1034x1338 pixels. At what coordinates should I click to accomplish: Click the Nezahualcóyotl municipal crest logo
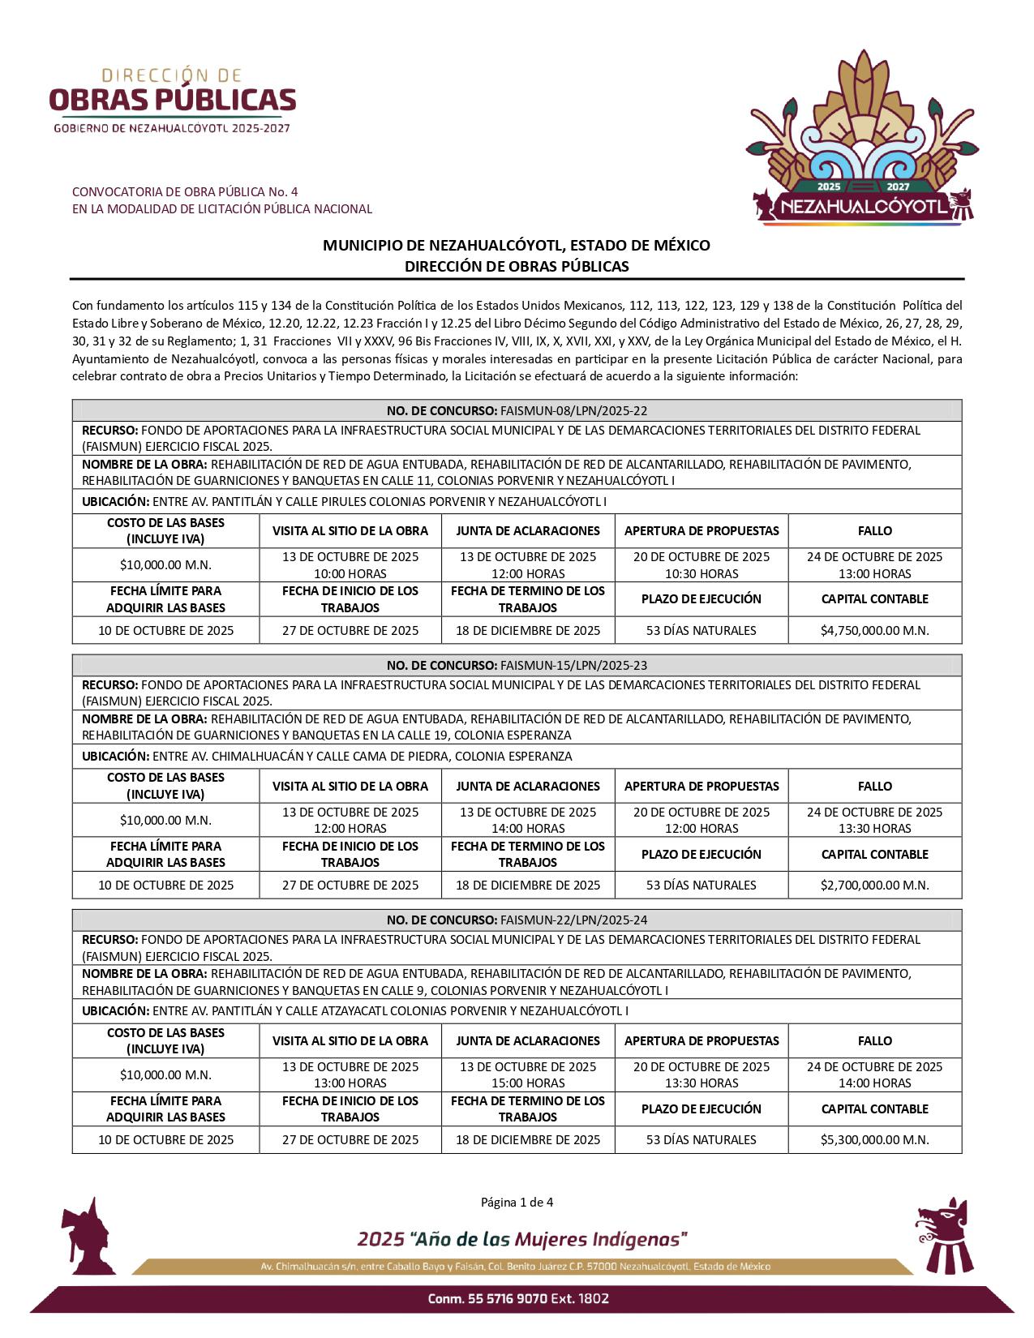(x=860, y=138)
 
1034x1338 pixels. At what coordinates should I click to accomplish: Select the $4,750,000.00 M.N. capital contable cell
(x=874, y=630)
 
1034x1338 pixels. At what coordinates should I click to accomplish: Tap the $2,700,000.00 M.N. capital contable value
(x=874, y=885)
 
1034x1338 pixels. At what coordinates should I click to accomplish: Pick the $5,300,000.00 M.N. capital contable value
(x=874, y=1139)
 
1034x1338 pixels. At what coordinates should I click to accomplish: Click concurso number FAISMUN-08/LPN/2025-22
(x=573, y=410)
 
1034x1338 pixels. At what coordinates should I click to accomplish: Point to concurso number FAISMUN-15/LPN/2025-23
(x=573, y=665)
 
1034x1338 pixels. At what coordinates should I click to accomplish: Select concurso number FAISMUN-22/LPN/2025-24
(x=573, y=920)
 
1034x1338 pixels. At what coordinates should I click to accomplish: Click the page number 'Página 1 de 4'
(x=517, y=1202)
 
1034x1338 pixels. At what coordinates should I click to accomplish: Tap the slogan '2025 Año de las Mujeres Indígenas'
(x=522, y=1239)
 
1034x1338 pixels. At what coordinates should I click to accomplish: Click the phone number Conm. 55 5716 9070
(x=518, y=1298)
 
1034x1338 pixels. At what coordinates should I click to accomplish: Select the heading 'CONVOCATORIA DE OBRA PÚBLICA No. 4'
(x=185, y=191)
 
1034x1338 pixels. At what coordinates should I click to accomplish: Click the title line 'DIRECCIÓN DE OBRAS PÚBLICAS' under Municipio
(x=517, y=266)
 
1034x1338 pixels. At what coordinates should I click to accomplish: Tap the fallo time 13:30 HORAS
(x=874, y=828)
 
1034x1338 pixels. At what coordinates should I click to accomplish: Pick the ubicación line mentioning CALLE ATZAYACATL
(x=354, y=1010)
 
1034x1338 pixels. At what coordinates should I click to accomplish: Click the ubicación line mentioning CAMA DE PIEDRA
(x=327, y=756)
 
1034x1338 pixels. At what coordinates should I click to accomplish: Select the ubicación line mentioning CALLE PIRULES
(x=344, y=501)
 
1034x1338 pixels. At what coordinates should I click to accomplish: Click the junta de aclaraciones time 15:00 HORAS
(x=528, y=1083)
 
